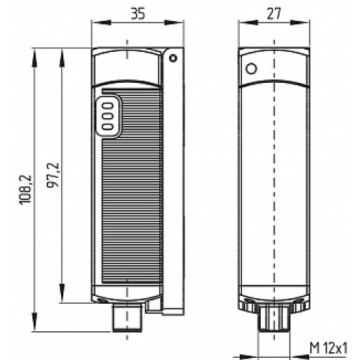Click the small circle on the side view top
tap(251, 69)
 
